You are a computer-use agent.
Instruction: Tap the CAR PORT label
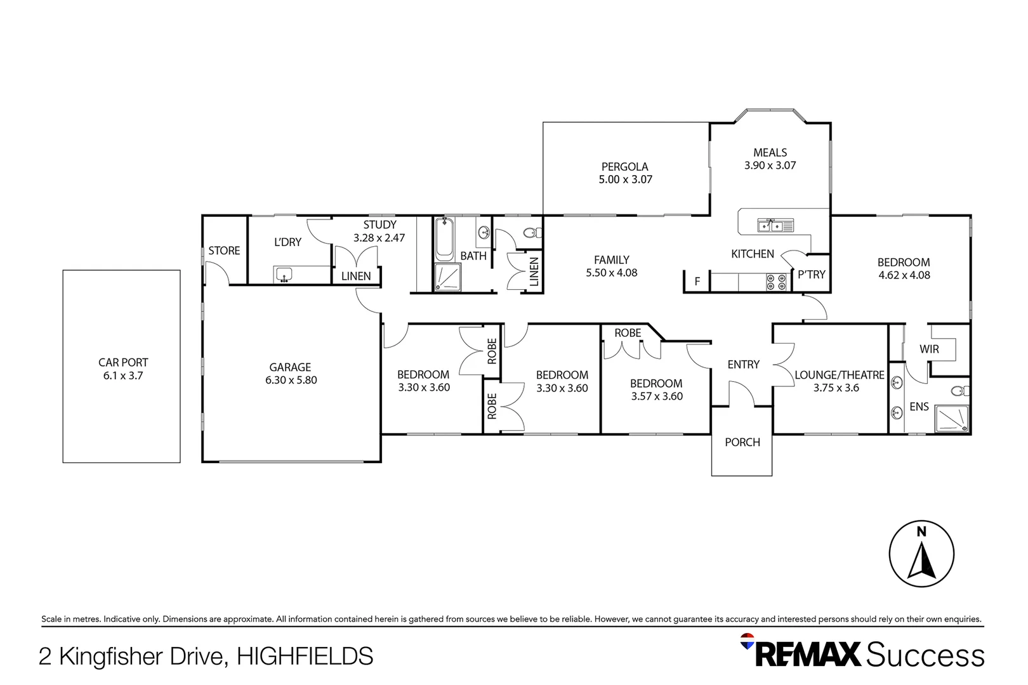coord(123,362)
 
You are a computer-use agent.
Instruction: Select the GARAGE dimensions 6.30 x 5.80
coord(291,381)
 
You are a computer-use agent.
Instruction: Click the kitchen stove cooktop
coord(777,282)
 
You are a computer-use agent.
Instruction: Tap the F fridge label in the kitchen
coord(697,282)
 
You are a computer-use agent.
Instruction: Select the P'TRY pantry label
coord(812,275)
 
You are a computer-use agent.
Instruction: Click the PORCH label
coord(742,443)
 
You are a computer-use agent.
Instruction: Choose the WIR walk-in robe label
coord(929,349)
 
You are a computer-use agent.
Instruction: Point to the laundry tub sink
coord(284,275)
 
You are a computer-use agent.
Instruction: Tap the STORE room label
coord(224,251)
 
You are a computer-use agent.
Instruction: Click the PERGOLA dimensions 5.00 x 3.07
coord(625,179)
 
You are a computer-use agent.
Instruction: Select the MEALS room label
coord(770,152)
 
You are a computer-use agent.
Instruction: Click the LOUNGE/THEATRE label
coord(839,375)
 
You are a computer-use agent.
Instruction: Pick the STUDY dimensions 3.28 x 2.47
coord(379,238)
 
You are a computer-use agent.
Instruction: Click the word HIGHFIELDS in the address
coord(305,656)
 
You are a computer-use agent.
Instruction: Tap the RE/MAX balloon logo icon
coord(747,641)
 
